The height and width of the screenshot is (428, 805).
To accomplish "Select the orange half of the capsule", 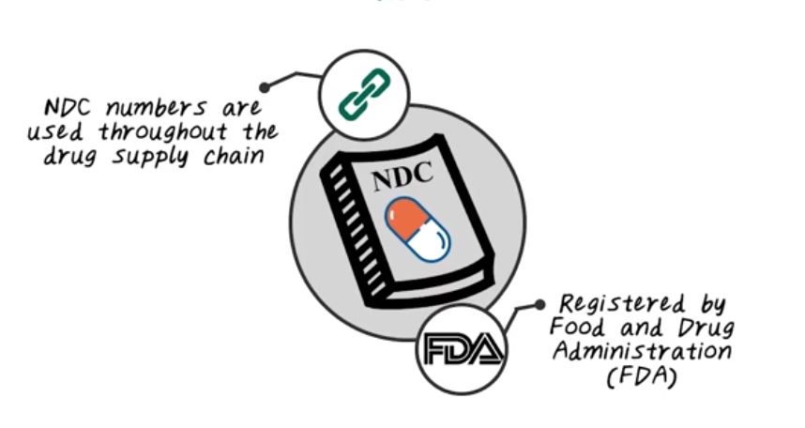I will coord(408,218).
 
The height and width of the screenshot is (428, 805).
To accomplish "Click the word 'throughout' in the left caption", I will coord(161,131).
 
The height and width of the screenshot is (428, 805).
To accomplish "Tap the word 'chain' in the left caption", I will coord(234,155).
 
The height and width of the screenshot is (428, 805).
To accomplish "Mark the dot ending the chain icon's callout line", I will coord(266,87).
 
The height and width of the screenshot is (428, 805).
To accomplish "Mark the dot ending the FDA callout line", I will coord(539,304).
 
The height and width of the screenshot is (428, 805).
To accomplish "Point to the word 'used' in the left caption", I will coord(54,131).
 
